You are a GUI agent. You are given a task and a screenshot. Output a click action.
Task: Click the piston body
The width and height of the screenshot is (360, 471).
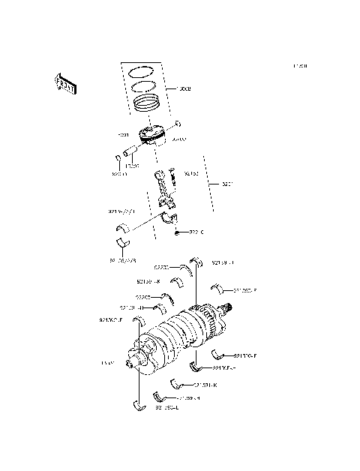pos(154,136)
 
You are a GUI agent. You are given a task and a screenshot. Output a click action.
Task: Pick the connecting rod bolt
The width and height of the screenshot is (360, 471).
pos(172,177)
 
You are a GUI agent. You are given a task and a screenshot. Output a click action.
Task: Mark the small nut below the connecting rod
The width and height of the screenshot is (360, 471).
pos(177,233)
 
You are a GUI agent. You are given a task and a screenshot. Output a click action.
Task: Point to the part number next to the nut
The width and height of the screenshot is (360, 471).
pos(196,232)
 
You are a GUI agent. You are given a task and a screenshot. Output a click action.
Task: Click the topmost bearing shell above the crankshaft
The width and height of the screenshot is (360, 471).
pos(196,262)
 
